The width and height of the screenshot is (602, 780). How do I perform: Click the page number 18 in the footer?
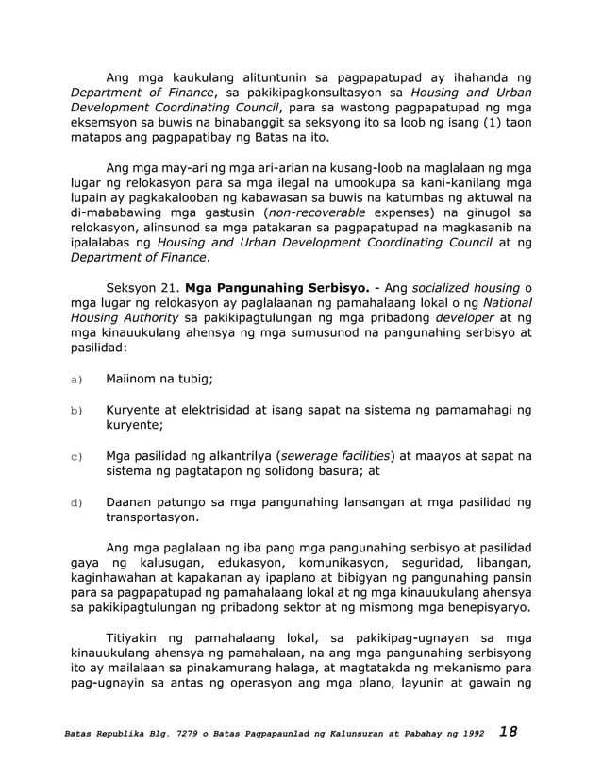(510, 733)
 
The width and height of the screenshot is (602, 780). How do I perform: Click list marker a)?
(75, 381)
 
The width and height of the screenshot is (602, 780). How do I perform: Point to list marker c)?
(75, 458)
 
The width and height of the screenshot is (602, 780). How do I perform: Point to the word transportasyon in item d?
(151, 518)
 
